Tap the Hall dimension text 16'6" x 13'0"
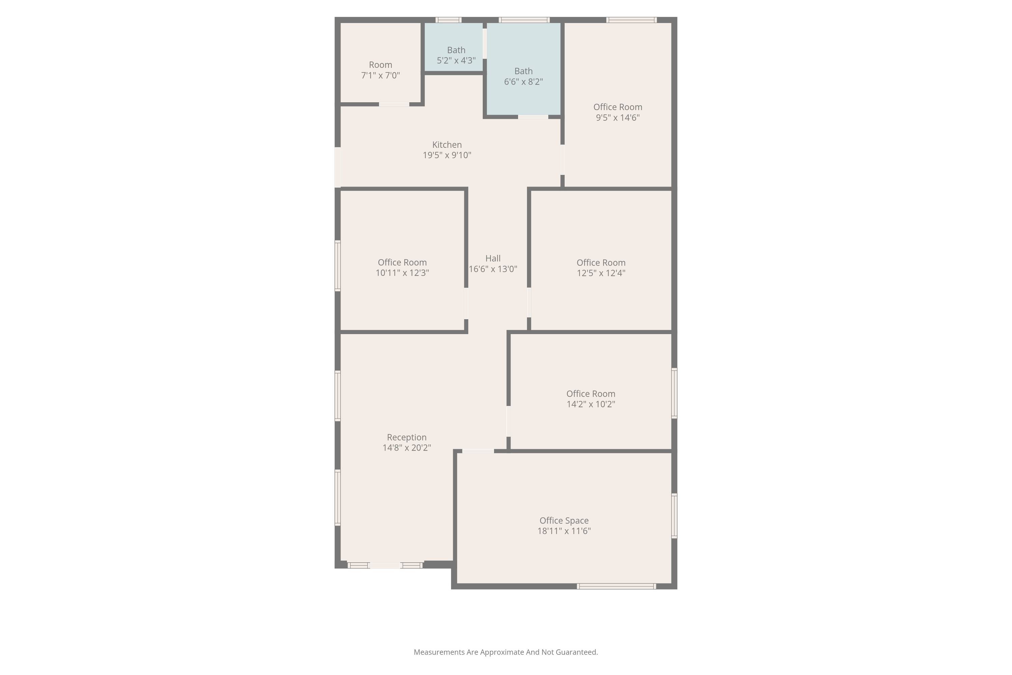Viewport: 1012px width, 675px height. (493, 269)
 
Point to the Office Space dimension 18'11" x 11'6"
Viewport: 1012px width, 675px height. (564, 531)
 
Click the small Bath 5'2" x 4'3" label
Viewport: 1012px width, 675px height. (456, 55)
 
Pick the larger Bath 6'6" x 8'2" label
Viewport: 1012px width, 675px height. (524, 76)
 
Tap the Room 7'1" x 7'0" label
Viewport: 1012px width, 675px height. (381, 70)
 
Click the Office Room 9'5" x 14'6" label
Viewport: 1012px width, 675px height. (618, 112)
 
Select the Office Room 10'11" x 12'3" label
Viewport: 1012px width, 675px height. (402, 267)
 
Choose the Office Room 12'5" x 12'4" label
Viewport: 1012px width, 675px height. (601, 268)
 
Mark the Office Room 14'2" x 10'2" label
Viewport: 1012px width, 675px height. (591, 399)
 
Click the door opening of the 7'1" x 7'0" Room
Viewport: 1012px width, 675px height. (394, 104)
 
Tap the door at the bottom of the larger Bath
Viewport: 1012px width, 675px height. (533, 117)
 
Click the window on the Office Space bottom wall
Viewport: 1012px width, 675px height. (617, 586)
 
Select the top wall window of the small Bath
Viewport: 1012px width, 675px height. (448, 20)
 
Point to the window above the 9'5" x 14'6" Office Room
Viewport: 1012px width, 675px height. (631, 20)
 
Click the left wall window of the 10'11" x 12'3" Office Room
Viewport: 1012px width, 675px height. (338, 266)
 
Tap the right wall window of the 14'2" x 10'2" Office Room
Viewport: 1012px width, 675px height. (674, 393)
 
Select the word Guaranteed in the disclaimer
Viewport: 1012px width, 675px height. (577, 652)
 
